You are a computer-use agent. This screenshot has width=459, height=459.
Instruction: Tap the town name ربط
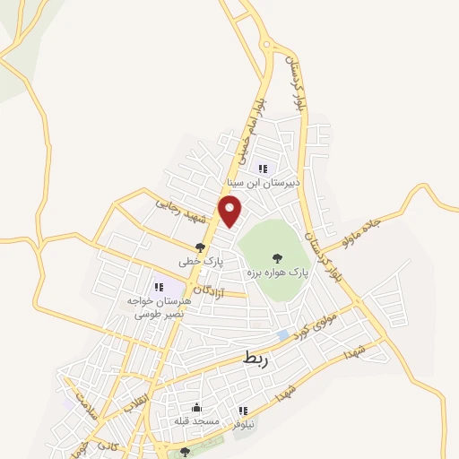pos(256,359)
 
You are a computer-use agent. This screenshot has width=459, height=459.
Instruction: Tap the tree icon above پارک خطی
pos(200,247)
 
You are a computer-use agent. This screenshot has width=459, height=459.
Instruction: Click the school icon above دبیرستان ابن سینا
pos(263,167)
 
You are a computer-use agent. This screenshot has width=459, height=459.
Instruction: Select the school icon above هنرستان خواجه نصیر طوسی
pos(159,287)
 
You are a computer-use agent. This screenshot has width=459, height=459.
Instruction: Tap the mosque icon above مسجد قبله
pos(196,408)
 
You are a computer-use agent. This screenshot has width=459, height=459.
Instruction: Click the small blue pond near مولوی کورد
pos(283,334)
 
